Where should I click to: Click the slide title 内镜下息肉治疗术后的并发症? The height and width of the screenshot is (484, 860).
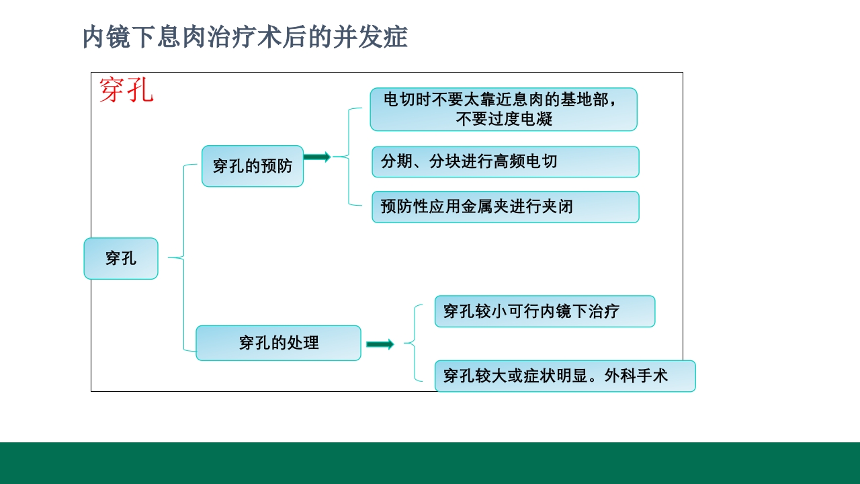(245, 37)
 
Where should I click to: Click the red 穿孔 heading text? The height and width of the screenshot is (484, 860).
(126, 90)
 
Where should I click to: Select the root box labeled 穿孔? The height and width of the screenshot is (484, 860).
(121, 258)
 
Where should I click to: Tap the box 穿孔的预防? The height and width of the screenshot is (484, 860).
(253, 166)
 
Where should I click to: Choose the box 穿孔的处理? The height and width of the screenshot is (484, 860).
(278, 343)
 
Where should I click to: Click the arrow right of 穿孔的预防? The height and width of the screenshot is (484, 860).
(316, 157)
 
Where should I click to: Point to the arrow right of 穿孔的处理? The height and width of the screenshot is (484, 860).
(380, 344)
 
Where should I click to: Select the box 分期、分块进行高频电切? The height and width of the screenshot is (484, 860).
(505, 162)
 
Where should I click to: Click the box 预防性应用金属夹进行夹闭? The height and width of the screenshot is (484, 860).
(505, 206)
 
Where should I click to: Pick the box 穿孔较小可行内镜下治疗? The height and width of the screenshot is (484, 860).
(544, 311)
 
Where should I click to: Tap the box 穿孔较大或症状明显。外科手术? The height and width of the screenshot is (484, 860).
(564, 376)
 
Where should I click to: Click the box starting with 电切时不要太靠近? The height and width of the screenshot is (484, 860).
(503, 109)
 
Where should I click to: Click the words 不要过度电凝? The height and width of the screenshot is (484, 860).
(504, 120)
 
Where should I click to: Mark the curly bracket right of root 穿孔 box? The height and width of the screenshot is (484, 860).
(179, 257)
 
